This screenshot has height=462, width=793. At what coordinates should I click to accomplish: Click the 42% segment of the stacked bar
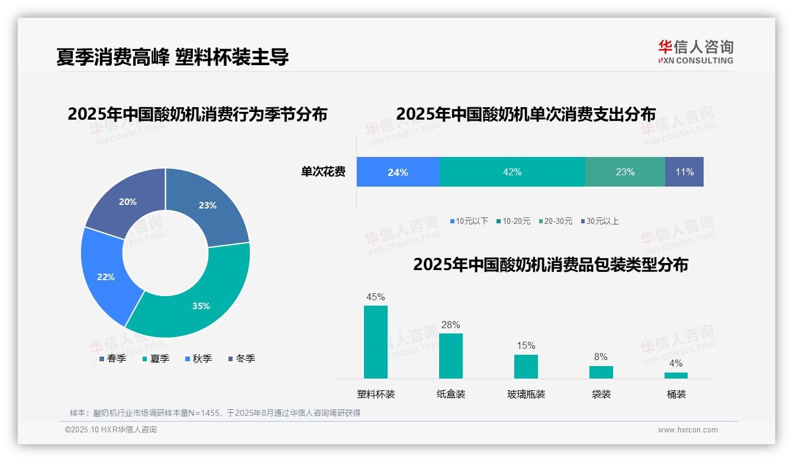pyautogui.click(x=512, y=172)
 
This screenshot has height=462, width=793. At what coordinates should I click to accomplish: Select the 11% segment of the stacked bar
pyautogui.click(x=684, y=172)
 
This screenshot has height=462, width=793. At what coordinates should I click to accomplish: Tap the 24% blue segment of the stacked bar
pyautogui.click(x=398, y=172)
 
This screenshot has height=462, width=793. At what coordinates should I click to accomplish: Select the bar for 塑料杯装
pyautogui.click(x=376, y=342)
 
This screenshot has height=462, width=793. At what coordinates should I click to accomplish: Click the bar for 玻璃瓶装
pyautogui.click(x=526, y=366)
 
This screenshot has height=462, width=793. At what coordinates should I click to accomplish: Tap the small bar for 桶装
pyautogui.click(x=676, y=375)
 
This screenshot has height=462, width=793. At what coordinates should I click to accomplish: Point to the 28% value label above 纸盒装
pyautogui.click(x=450, y=325)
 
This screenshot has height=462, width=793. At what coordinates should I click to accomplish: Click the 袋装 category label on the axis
pyautogui.click(x=601, y=394)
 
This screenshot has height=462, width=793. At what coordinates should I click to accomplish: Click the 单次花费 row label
pyautogui.click(x=323, y=172)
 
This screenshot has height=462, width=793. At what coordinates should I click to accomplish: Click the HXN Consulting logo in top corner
pyautogui.click(x=695, y=52)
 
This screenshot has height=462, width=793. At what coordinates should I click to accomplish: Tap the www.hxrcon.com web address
pyautogui.click(x=687, y=429)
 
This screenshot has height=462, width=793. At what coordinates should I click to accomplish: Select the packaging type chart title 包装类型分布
pyautogui.click(x=550, y=264)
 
